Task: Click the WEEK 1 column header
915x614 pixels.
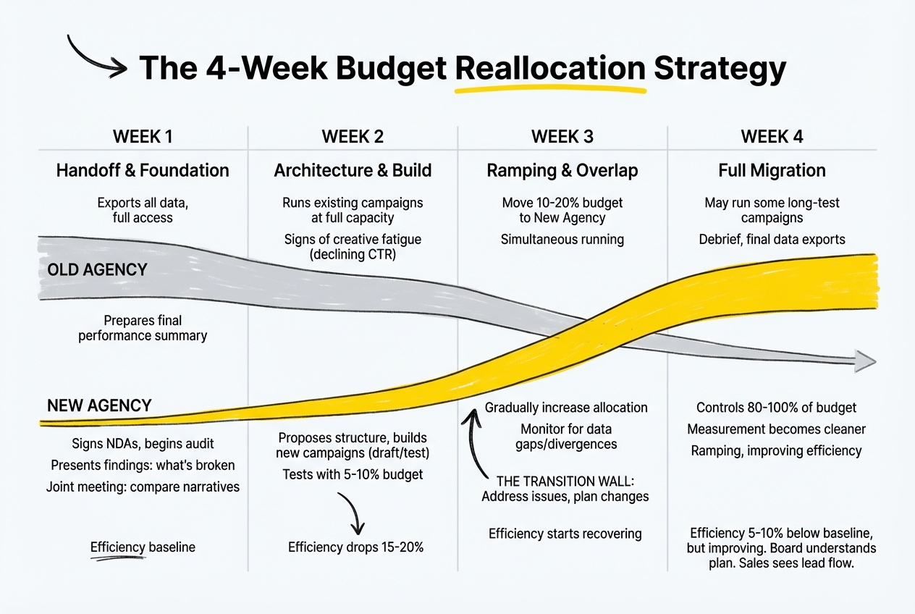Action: pos(143,136)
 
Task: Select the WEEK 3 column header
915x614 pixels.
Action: pos(562,136)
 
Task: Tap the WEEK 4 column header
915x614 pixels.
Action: pos(772,136)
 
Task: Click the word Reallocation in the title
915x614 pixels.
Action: pos(549,69)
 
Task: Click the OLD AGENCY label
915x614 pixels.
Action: pos(97,270)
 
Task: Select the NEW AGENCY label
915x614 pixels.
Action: pos(99,405)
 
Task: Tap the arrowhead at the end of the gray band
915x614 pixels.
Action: pos(864,360)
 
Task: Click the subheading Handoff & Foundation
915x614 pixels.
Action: pos(143,171)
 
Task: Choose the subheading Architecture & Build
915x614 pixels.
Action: pos(353,171)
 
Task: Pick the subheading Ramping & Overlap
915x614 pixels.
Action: pos(562,171)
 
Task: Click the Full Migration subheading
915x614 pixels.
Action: pos(772,171)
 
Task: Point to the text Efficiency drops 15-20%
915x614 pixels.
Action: pos(355,547)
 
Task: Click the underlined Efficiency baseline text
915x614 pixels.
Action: pos(143,547)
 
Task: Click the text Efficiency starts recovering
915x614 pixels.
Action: pos(565,534)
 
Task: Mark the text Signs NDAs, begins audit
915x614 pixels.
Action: pos(143,443)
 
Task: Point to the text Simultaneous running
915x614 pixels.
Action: pos(562,239)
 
